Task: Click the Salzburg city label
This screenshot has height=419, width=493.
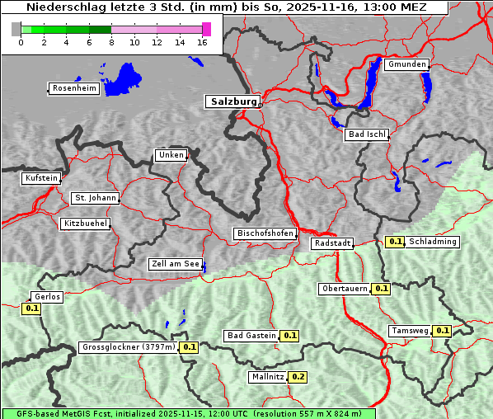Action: tap(232, 101)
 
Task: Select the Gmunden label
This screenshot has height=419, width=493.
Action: tap(406, 64)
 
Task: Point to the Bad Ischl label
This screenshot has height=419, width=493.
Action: tap(366, 134)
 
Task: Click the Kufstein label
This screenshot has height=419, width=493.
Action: tap(41, 178)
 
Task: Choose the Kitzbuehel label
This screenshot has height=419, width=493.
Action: tap(85, 224)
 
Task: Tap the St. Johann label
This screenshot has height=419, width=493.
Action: tap(96, 198)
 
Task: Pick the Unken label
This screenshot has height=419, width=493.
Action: tap(171, 155)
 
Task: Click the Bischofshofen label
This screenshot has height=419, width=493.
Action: tap(265, 234)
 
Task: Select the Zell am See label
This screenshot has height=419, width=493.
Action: tap(176, 265)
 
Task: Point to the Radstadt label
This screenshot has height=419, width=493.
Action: tap(332, 243)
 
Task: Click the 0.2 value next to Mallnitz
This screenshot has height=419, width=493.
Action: tap(298, 377)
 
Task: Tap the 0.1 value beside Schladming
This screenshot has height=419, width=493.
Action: tap(395, 242)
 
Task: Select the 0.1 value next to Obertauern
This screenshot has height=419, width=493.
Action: tap(381, 289)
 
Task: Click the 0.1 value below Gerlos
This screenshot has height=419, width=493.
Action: tap(31, 308)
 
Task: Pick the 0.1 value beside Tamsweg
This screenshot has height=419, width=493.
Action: tap(442, 331)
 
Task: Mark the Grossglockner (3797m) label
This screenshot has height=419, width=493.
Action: tap(129, 347)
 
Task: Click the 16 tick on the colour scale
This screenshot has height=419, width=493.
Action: tap(203, 42)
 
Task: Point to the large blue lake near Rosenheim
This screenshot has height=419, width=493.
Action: tap(123, 79)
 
